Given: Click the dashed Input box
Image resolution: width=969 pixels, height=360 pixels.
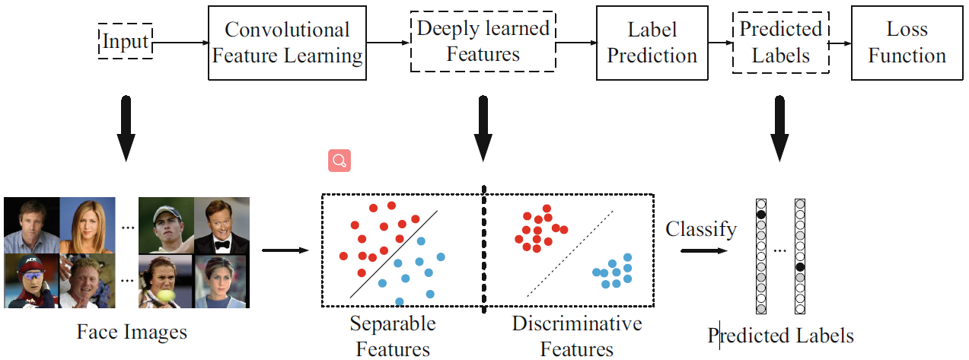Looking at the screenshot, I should pyautogui.click(x=126, y=40).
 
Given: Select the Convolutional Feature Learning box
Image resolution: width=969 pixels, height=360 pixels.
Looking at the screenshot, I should pyautogui.click(x=287, y=43).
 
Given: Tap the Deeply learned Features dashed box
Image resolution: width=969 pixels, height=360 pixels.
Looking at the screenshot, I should pyautogui.click(x=483, y=43).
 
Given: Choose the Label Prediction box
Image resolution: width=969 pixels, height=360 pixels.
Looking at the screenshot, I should pyautogui.click(x=652, y=43).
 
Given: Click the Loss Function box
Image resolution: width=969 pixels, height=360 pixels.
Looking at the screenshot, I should pyautogui.click(x=907, y=43).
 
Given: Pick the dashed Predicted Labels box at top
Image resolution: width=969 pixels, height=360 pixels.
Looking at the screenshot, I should pyautogui.click(x=780, y=43).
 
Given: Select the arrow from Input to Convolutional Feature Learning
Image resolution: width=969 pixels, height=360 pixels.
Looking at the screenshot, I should pyautogui.click(x=180, y=43).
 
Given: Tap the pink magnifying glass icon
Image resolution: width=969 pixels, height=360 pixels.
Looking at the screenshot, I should pyautogui.click(x=339, y=161).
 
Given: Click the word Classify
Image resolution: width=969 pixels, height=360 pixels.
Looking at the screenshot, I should pyautogui.click(x=700, y=229).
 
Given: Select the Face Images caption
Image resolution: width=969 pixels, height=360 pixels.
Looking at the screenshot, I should pyautogui.click(x=131, y=333).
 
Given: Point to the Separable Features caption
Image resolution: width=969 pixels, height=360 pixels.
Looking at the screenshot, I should pyautogui.click(x=393, y=336).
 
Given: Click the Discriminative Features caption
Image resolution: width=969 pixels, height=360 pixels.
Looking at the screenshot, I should pyautogui.click(x=576, y=336).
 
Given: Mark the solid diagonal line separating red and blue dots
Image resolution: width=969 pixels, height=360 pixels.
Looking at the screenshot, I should pyautogui.click(x=393, y=254).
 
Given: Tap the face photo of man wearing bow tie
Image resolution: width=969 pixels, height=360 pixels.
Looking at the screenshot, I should pyautogui.click(x=222, y=225).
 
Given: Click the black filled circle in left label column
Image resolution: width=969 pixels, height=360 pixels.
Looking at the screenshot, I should pyautogui.click(x=760, y=215).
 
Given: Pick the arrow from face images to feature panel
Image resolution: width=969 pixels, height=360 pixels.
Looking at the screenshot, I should pyautogui.click(x=285, y=250).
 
